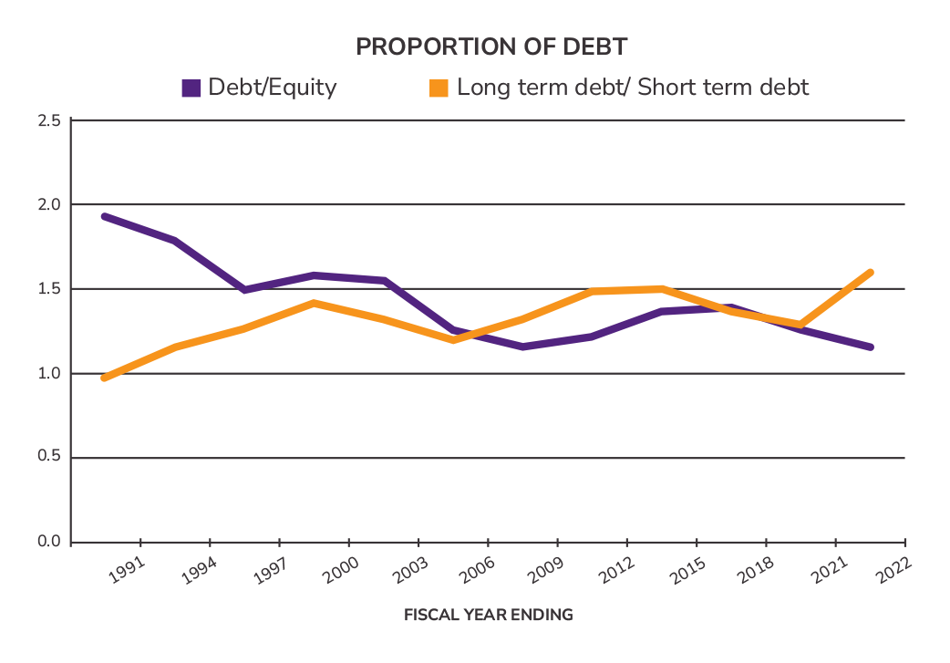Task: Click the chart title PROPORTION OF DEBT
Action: pyautogui.click(x=491, y=48)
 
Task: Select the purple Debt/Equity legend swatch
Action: pyautogui.click(x=191, y=88)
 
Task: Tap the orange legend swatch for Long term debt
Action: pyautogui.click(x=439, y=88)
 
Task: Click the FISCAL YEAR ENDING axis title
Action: pyautogui.click(x=489, y=615)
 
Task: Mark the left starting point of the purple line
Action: pyautogui.click(x=105, y=216)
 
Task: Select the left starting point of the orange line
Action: pyautogui.click(x=105, y=378)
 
